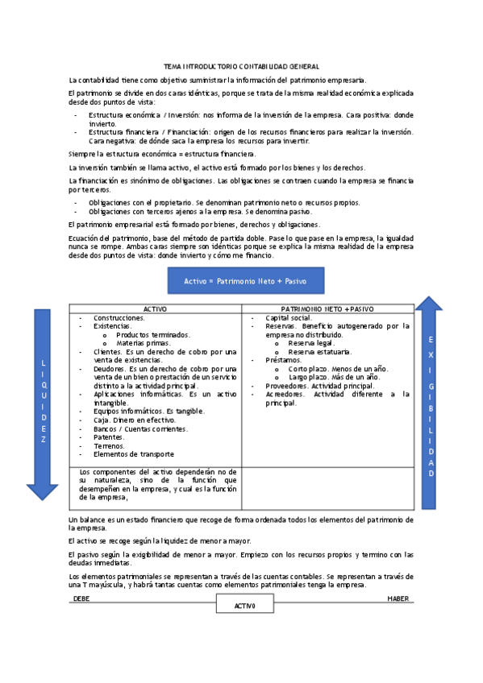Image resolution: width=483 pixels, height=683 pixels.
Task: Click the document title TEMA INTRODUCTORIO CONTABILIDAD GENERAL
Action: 241,66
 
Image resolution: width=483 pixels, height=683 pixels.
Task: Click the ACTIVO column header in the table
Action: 155,309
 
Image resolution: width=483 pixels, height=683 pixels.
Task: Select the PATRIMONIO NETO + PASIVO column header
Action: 327,309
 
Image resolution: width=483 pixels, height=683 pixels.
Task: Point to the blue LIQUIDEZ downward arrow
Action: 43,403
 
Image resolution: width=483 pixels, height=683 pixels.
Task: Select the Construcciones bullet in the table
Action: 119,318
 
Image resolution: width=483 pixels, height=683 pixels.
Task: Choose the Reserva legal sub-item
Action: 310,342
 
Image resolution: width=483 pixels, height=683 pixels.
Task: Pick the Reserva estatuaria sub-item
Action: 318,351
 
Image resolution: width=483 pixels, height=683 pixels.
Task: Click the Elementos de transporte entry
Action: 133,453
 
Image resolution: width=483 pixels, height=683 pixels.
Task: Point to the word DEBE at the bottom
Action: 81,598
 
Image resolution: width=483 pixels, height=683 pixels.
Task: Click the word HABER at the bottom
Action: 398,598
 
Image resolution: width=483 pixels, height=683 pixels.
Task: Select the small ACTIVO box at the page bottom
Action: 244,605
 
